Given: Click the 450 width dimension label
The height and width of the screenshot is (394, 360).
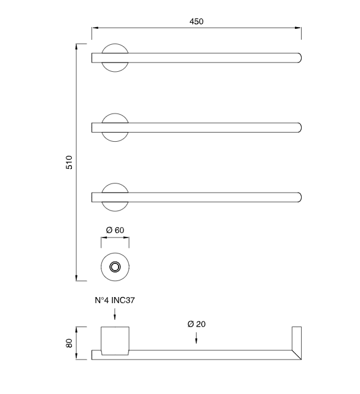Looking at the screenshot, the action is [x=196, y=21].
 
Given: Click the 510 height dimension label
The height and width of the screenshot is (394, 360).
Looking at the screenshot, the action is [x=69, y=162].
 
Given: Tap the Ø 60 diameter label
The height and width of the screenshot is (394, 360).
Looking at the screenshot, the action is [x=115, y=230].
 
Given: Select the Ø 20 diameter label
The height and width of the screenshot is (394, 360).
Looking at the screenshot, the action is [x=196, y=324].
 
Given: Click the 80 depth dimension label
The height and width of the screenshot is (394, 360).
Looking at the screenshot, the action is [x=69, y=343].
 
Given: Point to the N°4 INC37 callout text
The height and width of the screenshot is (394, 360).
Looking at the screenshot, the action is [x=115, y=300].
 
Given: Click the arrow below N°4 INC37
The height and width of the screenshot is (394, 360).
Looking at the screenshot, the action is [x=115, y=314].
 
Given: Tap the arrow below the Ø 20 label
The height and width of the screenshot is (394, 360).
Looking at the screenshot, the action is [x=196, y=338].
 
